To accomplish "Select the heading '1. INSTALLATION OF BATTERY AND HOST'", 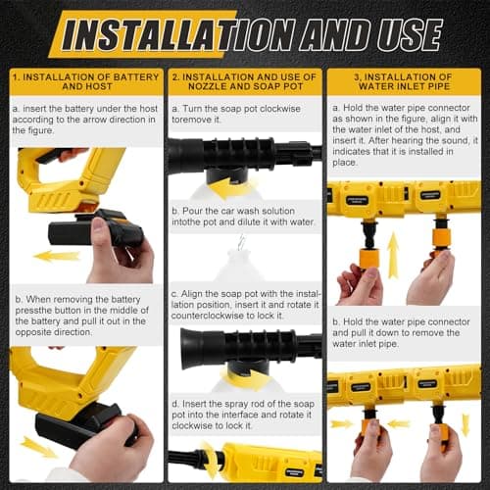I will [81, 81].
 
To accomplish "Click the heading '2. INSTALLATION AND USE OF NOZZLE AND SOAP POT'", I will [244, 81].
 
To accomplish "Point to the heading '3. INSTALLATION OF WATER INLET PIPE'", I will [404, 81].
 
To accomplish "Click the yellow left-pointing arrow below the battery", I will [57, 256].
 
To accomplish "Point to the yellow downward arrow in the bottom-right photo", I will [465, 424].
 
